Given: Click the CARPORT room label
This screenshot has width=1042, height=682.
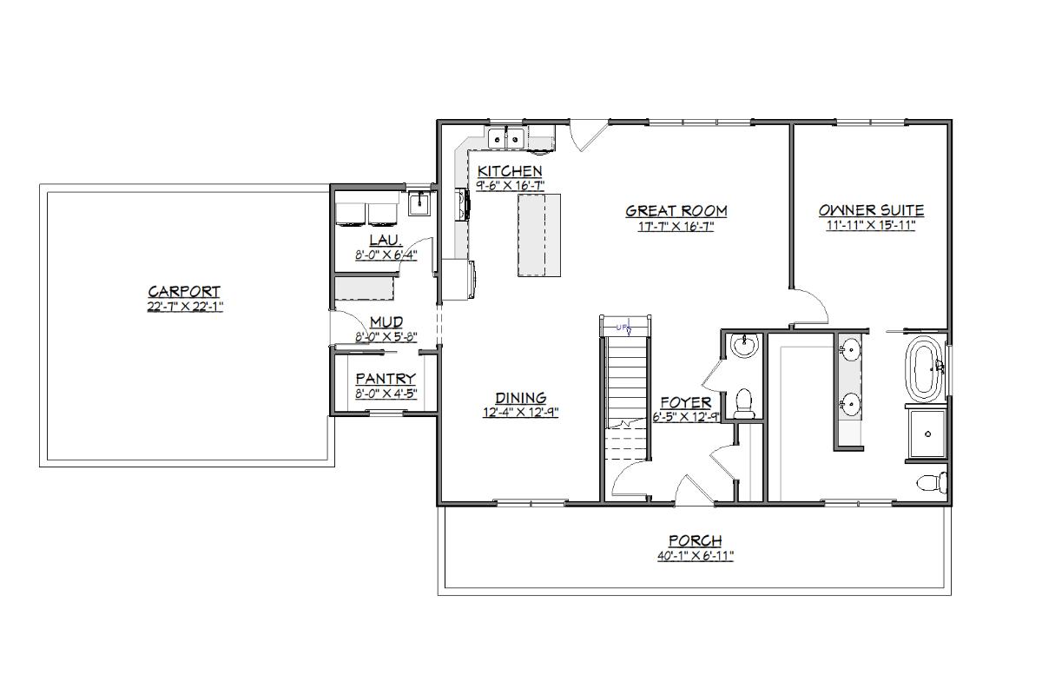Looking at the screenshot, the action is click(x=184, y=291).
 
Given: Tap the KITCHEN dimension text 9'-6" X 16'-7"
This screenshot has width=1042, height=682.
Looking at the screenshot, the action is click(x=510, y=186).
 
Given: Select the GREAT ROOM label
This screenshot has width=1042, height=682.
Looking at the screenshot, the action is click(x=676, y=211).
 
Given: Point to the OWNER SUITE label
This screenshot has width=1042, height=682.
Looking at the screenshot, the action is click(x=871, y=210).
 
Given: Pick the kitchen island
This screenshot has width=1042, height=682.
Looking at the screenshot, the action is click(x=539, y=235).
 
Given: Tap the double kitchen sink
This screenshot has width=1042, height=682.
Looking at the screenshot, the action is click(x=506, y=138).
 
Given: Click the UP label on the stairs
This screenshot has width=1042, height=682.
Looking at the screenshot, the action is click(x=622, y=328).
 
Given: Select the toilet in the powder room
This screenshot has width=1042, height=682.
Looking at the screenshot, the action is click(x=743, y=404).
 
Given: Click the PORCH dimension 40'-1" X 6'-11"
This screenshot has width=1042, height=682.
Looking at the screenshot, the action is click(x=695, y=556).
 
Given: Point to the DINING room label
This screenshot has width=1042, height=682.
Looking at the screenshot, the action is click(x=520, y=398).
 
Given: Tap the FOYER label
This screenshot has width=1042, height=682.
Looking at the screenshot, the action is click(x=686, y=402).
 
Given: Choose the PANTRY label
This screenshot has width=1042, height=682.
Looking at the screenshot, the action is click(x=386, y=379).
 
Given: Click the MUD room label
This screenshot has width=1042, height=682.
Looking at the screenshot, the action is click(x=386, y=322).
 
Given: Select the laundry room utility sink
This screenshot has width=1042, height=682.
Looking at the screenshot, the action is click(x=420, y=203).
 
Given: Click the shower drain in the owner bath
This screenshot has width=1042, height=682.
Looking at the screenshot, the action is click(x=928, y=434).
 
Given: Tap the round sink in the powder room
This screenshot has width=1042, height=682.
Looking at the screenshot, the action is click(x=744, y=346).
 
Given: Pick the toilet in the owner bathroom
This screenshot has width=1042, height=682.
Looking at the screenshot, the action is click(x=933, y=482).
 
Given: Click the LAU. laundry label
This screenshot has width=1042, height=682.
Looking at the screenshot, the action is click(x=386, y=240).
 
